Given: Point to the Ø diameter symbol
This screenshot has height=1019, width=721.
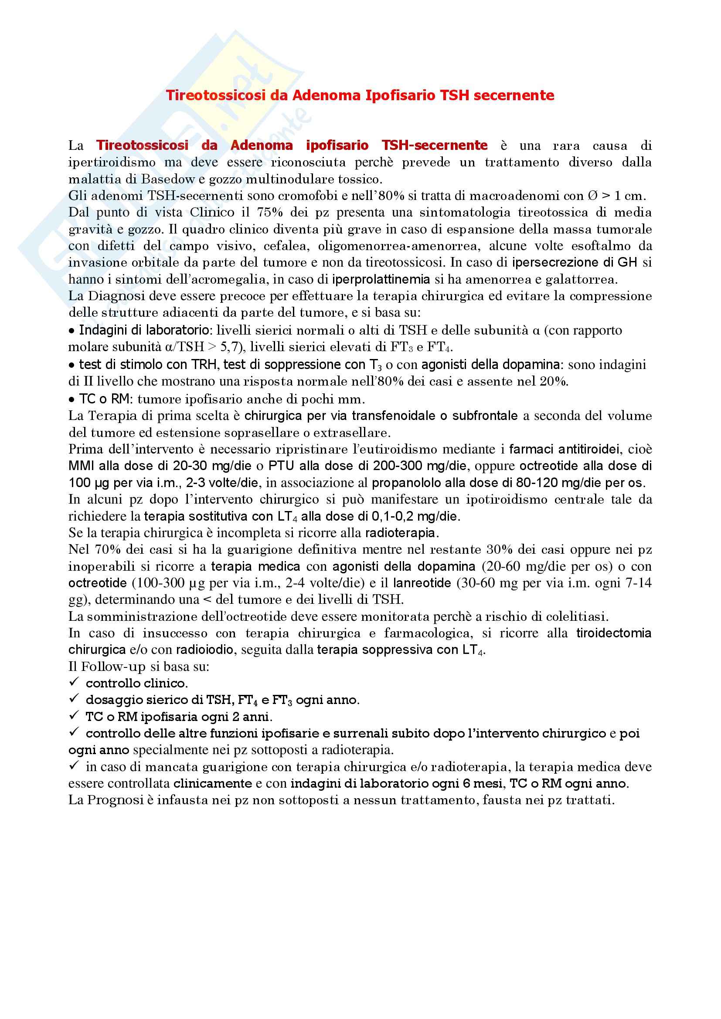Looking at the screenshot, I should (593, 196).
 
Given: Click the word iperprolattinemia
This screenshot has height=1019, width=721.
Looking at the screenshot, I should (381, 280).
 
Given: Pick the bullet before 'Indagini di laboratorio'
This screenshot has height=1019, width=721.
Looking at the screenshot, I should (71, 331).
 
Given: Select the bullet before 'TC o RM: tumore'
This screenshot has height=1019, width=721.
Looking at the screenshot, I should (71, 400).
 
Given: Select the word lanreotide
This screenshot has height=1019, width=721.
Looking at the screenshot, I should (422, 583).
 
